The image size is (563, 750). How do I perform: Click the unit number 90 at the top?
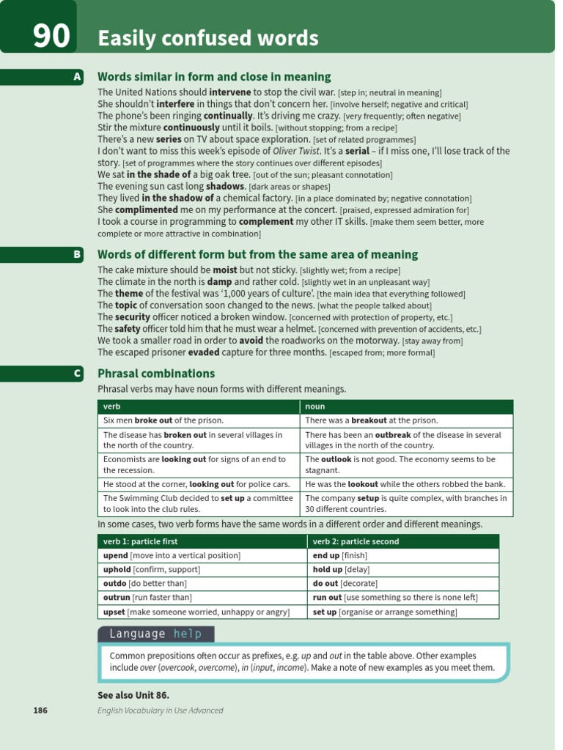coord(51,36)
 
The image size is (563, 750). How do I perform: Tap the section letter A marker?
coord(77,77)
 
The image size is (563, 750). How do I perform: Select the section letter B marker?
coord(77,254)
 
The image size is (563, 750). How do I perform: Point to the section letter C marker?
coord(77,374)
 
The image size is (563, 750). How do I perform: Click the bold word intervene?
coord(230,92)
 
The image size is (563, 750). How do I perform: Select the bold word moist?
coord(225,270)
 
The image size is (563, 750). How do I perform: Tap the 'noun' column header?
coord(315,406)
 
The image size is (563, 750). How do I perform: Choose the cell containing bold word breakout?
coord(407,420)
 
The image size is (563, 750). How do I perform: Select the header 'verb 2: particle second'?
coord(356,541)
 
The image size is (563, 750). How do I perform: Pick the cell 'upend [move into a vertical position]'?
coord(172,555)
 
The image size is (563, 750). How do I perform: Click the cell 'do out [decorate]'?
coord(345,583)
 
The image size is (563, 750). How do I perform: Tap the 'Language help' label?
coord(155,634)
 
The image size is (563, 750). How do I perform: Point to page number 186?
coord(40,710)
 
